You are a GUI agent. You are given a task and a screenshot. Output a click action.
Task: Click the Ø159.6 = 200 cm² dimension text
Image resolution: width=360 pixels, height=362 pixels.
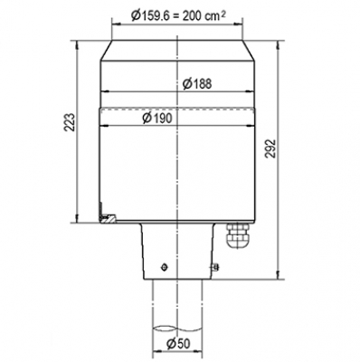[x=178, y=14]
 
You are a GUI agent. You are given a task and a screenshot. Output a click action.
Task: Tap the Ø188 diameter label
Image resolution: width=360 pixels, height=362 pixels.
[x=197, y=83]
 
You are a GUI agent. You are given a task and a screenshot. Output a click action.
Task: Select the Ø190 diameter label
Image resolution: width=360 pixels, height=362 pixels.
[x=157, y=118]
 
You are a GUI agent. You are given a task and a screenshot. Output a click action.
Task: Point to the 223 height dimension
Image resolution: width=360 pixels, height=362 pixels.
[x=69, y=122]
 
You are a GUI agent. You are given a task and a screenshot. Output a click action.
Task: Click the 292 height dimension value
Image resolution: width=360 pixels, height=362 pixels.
[x=271, y=148]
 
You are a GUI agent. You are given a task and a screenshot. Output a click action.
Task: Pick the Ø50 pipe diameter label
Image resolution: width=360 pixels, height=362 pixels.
[x=178, y=343]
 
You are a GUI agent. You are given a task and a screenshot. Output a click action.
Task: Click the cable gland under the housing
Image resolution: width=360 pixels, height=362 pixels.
[x=238, y=235]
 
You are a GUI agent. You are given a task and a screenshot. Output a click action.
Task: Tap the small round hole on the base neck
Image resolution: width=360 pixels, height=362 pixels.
[x=165, y=267]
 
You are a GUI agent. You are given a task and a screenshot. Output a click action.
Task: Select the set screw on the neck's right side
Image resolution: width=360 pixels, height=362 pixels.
[x=215, y=266]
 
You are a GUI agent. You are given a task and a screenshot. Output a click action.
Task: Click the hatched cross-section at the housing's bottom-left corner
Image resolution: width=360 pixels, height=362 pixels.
[x=107, y=217]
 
